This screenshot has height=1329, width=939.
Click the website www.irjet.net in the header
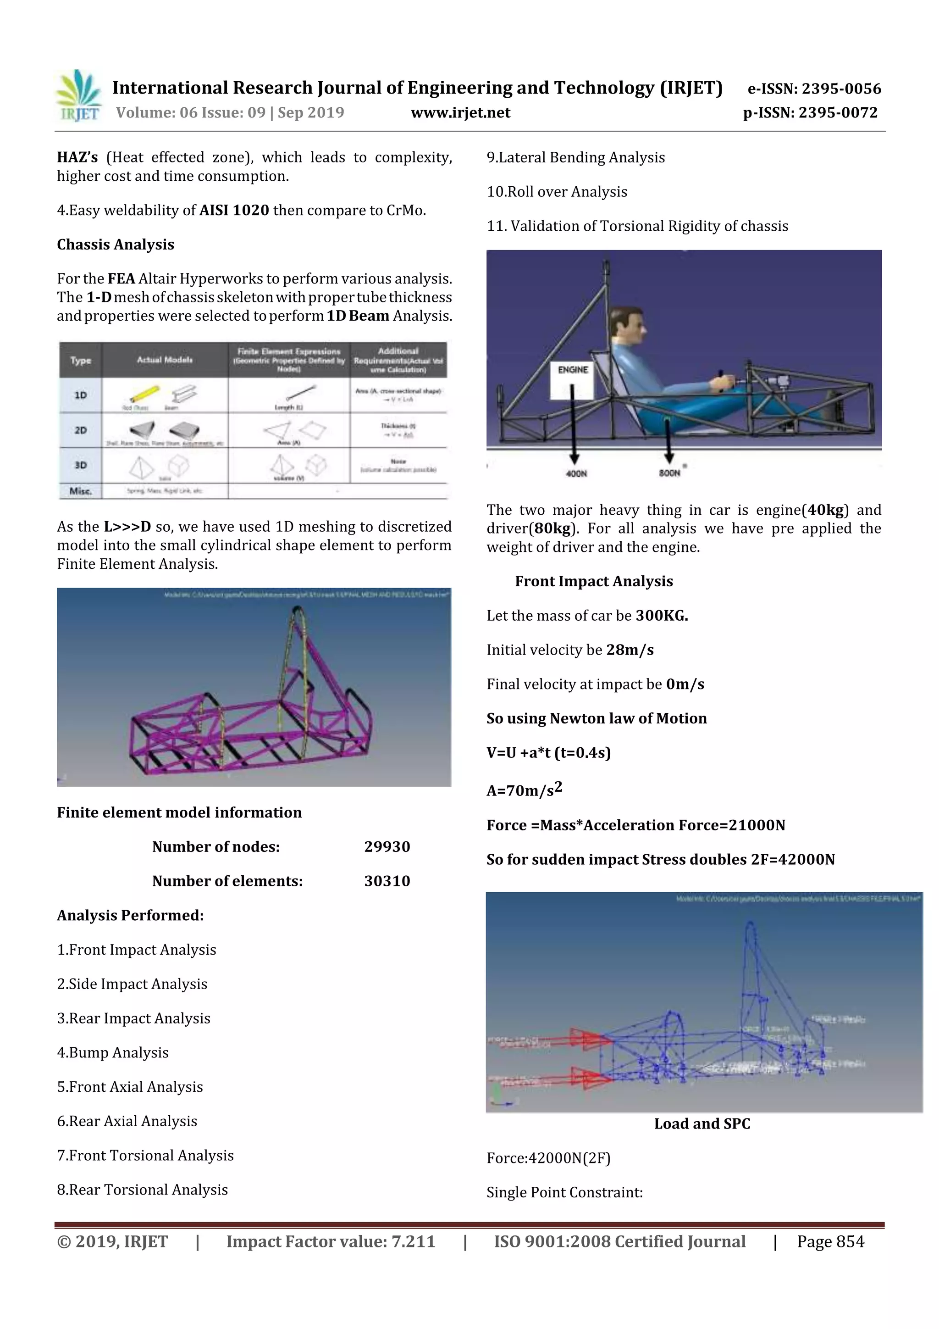coord(460,113)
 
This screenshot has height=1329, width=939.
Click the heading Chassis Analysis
coord(116,245)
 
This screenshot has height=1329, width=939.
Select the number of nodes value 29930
coord(387,847)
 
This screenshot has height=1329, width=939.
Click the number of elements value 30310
coord(387,881)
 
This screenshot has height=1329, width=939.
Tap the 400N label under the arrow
coord(576,474)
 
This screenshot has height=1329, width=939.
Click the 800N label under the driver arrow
coord(669,473)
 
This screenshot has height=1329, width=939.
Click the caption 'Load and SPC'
coord(702,1123)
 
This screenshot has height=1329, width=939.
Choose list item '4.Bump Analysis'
coord(113,1052)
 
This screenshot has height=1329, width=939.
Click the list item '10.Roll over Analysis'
coord(557,192)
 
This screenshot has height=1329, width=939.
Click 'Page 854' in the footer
coord(830,1241)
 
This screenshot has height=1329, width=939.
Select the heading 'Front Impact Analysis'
coord(594,581)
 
